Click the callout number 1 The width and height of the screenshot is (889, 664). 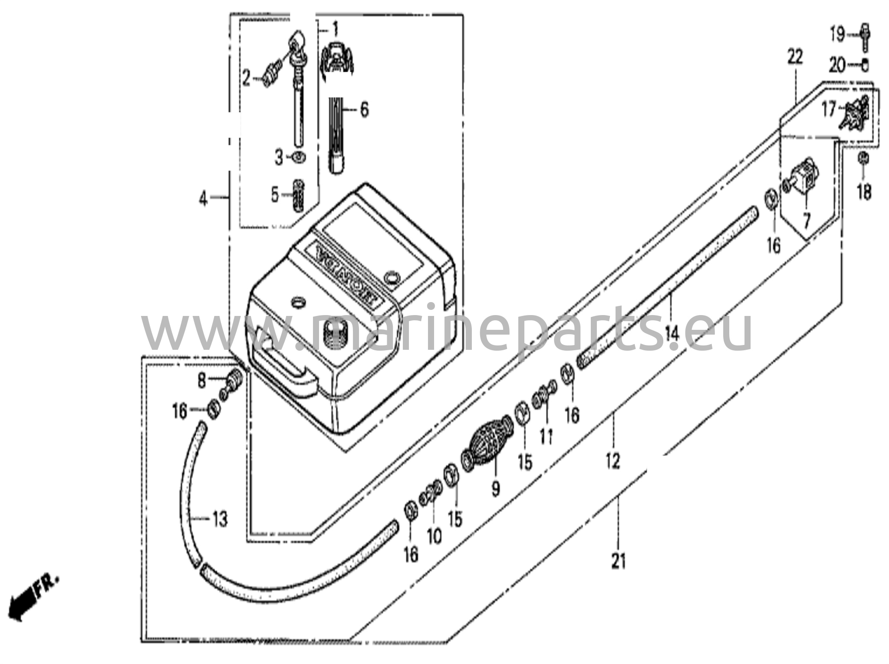335,30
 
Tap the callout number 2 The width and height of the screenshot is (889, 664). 247,79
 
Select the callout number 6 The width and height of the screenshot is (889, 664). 364,109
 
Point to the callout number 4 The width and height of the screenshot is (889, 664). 203,199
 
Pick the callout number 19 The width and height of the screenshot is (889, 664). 837,34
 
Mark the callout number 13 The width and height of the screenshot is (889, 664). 220,519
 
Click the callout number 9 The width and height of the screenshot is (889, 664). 496,489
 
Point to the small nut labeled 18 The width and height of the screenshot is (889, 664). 863,159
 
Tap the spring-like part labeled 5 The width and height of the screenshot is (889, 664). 298,195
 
